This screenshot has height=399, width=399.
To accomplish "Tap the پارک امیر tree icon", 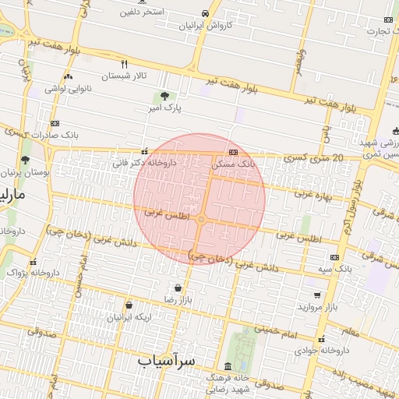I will tap(164, 97).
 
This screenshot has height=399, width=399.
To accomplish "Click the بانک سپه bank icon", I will tap(335, 257).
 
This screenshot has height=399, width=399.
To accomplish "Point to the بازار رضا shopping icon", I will tap(178, 288).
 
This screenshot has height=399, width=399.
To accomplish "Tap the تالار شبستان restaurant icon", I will tap(124, 63).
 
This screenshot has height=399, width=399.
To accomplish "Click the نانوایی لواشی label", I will tap(69, 89).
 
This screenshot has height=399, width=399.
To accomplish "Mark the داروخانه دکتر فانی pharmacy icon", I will tap(144, 152).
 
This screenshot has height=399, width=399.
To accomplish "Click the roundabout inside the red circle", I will tap(201, 221).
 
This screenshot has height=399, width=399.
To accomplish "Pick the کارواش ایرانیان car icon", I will tap(204, 14).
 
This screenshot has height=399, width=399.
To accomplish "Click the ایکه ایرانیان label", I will tap(129, 318).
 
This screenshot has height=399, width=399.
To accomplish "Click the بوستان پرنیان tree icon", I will tap(26, 160).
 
